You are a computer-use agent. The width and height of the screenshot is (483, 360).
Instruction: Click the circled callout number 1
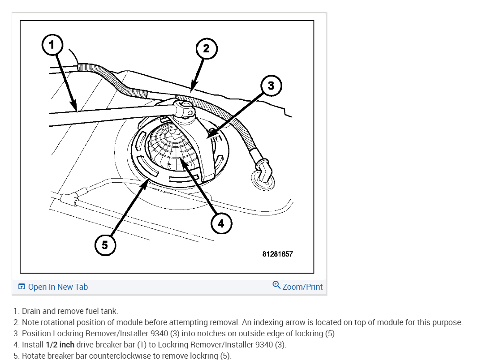[52, 44]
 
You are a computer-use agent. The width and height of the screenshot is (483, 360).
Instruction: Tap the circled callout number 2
[206, 48]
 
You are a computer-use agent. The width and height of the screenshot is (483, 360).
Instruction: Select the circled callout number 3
[271, 85]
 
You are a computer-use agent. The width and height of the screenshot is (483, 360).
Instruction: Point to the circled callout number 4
[221, 223]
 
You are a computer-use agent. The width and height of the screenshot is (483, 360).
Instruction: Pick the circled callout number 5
[105, 245]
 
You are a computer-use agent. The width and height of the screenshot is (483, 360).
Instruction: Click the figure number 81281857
[277, 254]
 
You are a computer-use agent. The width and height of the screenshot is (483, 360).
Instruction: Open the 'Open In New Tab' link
[58, 287]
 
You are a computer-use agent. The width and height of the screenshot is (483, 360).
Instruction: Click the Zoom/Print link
[302, 287]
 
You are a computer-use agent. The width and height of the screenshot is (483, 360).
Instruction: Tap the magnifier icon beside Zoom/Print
[276, 285]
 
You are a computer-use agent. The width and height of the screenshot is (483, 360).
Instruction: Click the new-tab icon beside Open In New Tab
[22, 287]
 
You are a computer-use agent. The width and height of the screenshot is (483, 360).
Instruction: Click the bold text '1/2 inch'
[60, 345]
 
